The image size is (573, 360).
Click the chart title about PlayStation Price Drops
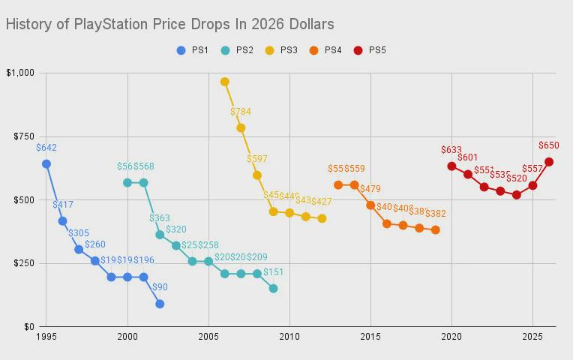[x=169, y=24]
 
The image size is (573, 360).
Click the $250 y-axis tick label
[x=23, y=263]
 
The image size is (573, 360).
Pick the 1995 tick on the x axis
[x=46, y=337]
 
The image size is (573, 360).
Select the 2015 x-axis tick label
[x=370, y=337]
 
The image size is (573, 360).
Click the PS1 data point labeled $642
[x=46, y=163]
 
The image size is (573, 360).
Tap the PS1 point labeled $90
[x=160, y=304]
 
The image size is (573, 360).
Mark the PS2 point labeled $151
[x=273, y=288]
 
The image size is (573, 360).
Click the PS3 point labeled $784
[x=241, y=127]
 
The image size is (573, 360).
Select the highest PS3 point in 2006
[x=224, y=82]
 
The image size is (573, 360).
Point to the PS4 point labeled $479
[x=370, y=205]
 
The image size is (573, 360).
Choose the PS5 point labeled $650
[x=549, y=161]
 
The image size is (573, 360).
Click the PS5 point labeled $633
[x=451, y=166]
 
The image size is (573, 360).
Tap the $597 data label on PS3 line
[x=257, y=159]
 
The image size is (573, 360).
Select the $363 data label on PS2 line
[x=160, y=218]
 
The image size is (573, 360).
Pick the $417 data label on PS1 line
[x=63, y=204]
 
